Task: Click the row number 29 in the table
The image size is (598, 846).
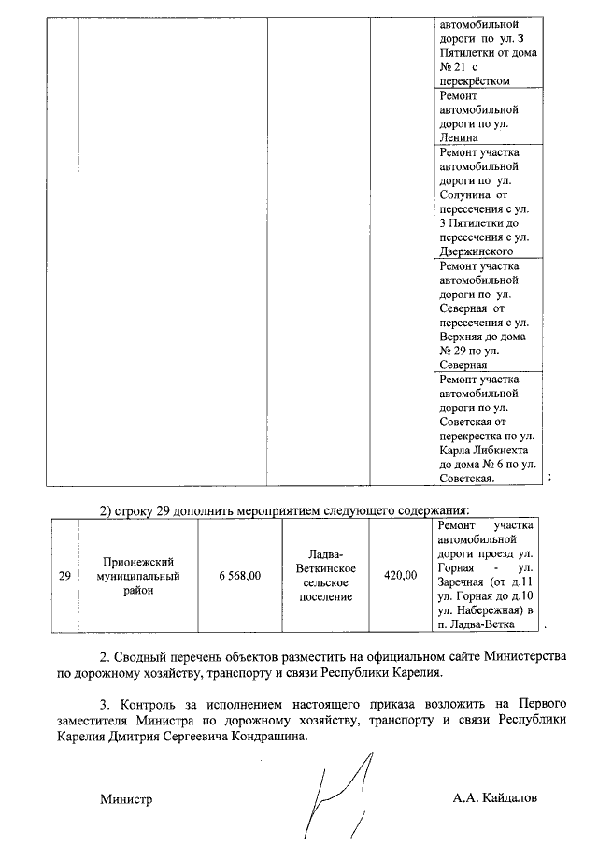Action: click(64, 577)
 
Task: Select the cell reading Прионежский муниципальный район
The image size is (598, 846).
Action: click(141, 576)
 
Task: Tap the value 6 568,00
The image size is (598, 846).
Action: click(239, 577)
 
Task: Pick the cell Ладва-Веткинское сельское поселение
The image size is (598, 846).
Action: click(324, 576)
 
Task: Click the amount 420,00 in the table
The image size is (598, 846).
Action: click(401, 577)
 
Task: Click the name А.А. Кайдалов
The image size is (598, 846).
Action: click(495, 799)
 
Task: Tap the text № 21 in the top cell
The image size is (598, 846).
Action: click(452, 67)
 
